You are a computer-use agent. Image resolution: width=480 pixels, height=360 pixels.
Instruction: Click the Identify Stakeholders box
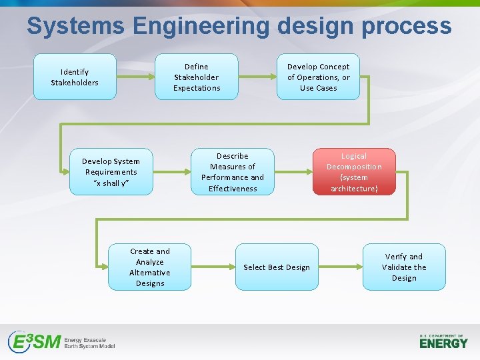coord(75,77)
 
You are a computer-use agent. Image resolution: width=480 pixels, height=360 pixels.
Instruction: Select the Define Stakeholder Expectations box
coord(197,77)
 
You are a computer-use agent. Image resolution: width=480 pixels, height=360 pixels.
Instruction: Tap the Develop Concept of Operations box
coord(318,77)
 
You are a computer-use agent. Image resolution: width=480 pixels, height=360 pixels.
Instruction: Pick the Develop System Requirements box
coord(111,171)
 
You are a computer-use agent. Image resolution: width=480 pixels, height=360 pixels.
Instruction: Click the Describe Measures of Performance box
coord(232,171)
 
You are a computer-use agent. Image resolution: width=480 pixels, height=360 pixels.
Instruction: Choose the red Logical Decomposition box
coord(353,171)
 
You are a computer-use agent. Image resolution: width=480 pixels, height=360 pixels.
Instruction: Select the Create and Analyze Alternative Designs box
coord(150,267)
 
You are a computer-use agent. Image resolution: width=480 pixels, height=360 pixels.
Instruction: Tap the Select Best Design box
coord(276,267)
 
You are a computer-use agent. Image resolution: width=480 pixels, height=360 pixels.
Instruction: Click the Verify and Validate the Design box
coord(404,267)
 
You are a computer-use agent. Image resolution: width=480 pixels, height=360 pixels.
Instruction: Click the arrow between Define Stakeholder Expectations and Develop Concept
coord(257,77)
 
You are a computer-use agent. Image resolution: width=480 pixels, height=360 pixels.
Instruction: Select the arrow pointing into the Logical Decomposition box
coord(293,171)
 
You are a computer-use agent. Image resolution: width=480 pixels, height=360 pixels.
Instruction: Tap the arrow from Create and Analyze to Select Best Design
coord(213,267)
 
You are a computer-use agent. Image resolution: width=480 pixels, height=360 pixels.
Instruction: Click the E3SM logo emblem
coord(33,342)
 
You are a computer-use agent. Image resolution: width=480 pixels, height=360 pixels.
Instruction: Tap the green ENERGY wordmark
coord(443,343)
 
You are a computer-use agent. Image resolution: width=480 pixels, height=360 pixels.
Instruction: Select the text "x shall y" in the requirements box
coord(111,183)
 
